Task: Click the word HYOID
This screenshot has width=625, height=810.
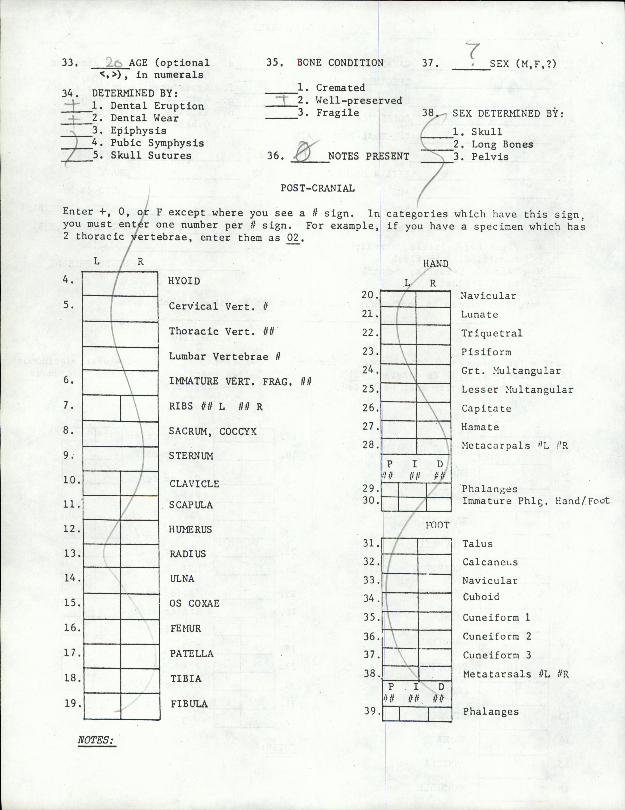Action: (x=184, y=281)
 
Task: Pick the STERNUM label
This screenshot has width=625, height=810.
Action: (x=191, y=456)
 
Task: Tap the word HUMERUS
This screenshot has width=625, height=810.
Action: (x=190, y=529)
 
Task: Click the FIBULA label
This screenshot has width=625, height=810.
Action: (x=189, y=704)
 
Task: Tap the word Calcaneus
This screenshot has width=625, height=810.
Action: (x=490, y=562)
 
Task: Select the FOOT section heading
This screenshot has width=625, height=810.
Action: (x=437, y=525)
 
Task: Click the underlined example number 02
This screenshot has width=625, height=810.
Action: (x=293, y=238)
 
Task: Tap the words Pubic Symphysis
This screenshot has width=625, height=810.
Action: (x=157, y=143)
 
